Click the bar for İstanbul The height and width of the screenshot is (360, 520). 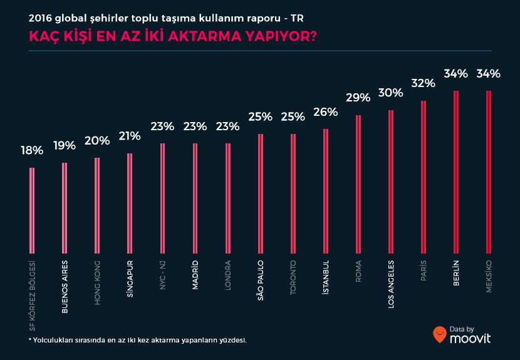326,191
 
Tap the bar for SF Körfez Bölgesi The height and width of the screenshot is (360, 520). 32,210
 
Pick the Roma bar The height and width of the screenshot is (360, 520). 358,184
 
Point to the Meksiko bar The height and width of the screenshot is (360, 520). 488,172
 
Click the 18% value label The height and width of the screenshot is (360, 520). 32,150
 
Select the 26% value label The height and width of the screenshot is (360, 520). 326,112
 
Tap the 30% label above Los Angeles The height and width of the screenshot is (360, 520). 390,93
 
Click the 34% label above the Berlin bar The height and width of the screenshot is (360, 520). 455,73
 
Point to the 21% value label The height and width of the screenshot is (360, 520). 130,136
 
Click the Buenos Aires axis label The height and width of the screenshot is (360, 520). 65,286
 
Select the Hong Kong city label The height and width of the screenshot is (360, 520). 97,282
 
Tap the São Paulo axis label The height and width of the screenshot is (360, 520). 260,280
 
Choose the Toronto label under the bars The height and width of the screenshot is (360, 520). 293,278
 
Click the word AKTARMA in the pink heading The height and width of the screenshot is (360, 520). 200,36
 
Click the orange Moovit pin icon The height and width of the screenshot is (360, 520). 440,334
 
